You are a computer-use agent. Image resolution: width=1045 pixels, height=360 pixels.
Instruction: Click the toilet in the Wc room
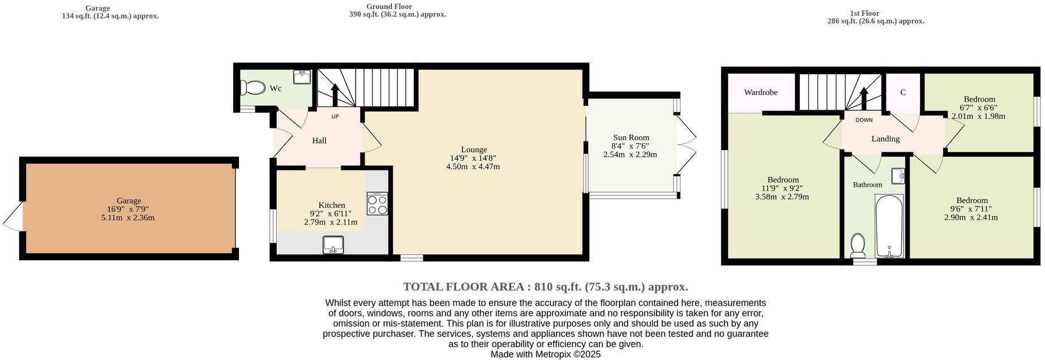coord(252,88)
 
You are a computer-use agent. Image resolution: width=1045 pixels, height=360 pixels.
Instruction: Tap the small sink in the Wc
coord(302,76)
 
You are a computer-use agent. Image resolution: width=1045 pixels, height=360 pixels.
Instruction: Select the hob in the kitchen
coord(377,204)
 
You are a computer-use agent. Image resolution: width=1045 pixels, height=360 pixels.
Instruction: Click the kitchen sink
coord(333,245)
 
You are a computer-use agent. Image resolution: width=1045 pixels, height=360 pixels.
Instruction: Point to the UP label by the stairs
coord(335,117)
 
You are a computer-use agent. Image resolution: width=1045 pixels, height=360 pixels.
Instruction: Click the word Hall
coord(319,140)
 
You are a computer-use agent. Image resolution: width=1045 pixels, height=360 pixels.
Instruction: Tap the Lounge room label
coord(474,149)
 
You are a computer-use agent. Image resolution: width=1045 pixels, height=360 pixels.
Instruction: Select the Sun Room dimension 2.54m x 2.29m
coord(630,154)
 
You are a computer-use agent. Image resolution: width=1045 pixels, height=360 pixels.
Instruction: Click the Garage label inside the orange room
coord(129,200)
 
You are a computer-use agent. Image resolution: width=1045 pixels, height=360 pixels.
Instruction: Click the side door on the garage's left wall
coord(14,216)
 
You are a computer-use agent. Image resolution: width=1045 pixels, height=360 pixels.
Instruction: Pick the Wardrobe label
coord(760,92)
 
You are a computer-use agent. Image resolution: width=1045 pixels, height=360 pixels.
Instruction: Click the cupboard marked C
coord(903,92)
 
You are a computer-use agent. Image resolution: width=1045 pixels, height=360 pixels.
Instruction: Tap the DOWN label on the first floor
coord(864,120)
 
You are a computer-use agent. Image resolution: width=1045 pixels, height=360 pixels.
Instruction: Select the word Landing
coord(885,138)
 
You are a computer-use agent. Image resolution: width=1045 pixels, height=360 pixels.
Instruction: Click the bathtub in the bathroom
coord(889,226)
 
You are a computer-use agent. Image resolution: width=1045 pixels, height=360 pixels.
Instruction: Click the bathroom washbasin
coord(898,176)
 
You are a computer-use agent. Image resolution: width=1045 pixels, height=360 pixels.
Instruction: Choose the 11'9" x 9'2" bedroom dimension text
coord(782,188)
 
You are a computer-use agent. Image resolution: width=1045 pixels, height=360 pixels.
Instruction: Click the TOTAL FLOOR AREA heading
coord(545,286)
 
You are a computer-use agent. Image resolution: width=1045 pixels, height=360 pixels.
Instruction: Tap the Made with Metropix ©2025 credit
coord(545,354)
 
